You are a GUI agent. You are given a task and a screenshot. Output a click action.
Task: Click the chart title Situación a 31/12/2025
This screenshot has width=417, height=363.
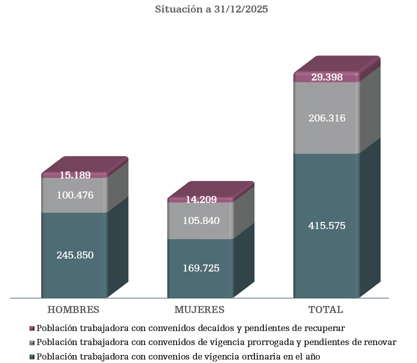pyautogui.click(x=211, y=9)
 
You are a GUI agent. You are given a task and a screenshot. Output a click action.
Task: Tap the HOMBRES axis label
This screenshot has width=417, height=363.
pyautogui.click(x=73, y=309)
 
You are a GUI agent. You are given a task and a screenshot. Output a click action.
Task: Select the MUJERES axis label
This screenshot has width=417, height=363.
pyautogui.click(x=199, y=309)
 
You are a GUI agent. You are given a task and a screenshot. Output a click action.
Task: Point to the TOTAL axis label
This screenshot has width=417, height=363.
pyautogui.click(x=326, y=309)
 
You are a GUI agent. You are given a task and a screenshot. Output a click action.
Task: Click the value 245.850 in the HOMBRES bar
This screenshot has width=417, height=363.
pyautogui.click(x=75, y=255)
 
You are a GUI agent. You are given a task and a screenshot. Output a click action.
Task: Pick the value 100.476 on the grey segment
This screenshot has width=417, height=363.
pyautogui.click(x=75, y=195)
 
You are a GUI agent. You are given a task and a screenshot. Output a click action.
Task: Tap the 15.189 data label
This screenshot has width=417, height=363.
pyautogui.click(x=75, y=175)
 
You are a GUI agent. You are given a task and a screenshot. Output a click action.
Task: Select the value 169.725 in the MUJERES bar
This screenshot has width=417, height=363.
pyautogui.click(x=201, y=268)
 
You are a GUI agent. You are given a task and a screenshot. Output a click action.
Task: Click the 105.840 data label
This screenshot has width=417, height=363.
pyautogui.click(x=201, y=220)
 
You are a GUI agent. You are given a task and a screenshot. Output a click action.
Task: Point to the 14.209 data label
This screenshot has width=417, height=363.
pyautogui.click(x=201, y=200)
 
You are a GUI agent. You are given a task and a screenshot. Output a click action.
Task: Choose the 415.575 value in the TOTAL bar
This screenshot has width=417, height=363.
pyautogui.click(x=327, y=225)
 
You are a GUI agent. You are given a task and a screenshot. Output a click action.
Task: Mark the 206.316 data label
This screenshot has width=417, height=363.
pyautogui.click(x=327, y=118)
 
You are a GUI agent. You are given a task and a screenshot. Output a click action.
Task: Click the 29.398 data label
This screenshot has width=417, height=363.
pyautogui.click(x=327, y=77)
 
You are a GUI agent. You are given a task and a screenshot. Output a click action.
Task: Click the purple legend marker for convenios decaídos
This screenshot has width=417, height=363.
pyautogui.click(x=32, y=328)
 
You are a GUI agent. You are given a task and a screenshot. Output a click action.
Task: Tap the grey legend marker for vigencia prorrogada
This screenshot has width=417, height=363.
pyautogui.click(x=32, y=343)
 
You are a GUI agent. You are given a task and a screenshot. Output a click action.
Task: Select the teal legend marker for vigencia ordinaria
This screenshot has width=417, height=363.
pyautogui.click(x=32, y=357)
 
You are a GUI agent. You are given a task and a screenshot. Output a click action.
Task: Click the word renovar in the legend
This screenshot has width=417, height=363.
pyautogui.click(x=380, y=342)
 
